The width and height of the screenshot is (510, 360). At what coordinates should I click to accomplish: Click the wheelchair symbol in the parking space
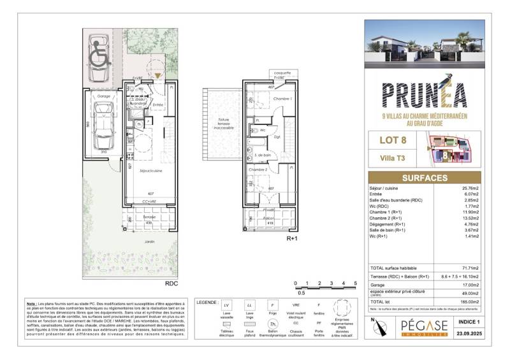99,58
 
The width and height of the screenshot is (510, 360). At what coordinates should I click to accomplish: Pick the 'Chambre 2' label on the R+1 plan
258,170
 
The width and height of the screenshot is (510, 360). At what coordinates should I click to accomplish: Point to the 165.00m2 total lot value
472,301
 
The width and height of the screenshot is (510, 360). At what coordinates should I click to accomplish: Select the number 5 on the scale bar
354,283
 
